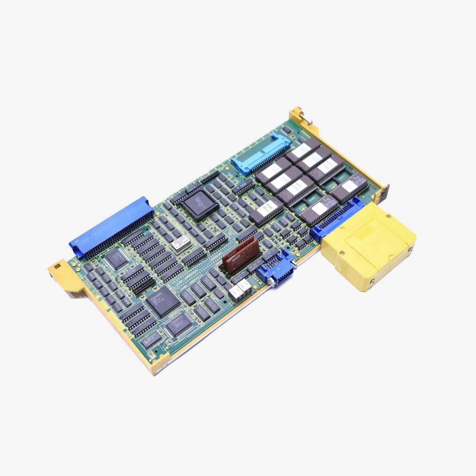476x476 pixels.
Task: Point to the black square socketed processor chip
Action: (x=200, y=204)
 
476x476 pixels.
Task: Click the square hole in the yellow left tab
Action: (x=59, y=265)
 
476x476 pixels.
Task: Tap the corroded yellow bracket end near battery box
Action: (x=384, y=195)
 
